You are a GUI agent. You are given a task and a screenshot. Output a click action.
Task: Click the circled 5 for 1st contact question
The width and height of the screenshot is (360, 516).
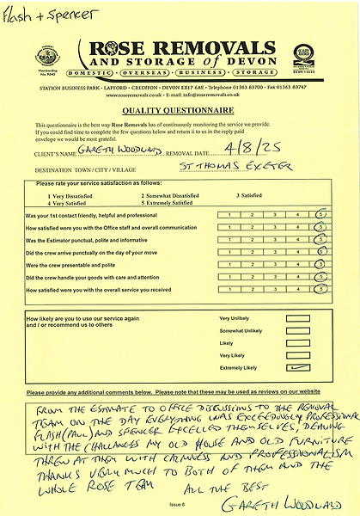321,214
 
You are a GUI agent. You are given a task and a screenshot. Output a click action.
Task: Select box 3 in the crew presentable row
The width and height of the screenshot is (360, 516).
275,265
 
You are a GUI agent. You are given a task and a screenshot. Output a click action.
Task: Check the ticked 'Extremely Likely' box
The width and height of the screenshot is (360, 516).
298,366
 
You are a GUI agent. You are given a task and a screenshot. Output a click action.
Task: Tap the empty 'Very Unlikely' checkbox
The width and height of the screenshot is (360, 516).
298,317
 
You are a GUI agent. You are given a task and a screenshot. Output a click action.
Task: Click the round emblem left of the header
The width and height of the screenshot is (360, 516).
46,56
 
